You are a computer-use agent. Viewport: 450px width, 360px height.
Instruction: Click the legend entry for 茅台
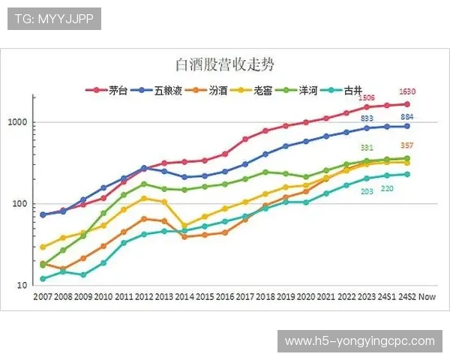click(x=110, y=91)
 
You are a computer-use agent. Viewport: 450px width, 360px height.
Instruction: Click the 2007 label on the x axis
click(x=43, y=297)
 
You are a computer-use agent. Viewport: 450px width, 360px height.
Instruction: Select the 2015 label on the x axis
click(x=205, y=297)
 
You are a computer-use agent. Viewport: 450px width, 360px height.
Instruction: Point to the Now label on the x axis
click(x=427, y=297)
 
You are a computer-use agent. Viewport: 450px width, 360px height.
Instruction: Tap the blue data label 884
click(x=407, y=118)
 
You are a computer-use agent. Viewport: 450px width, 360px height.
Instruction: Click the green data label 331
click(x=367, y=148)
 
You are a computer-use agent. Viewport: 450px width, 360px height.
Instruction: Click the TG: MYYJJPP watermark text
click(x=54, y=19)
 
